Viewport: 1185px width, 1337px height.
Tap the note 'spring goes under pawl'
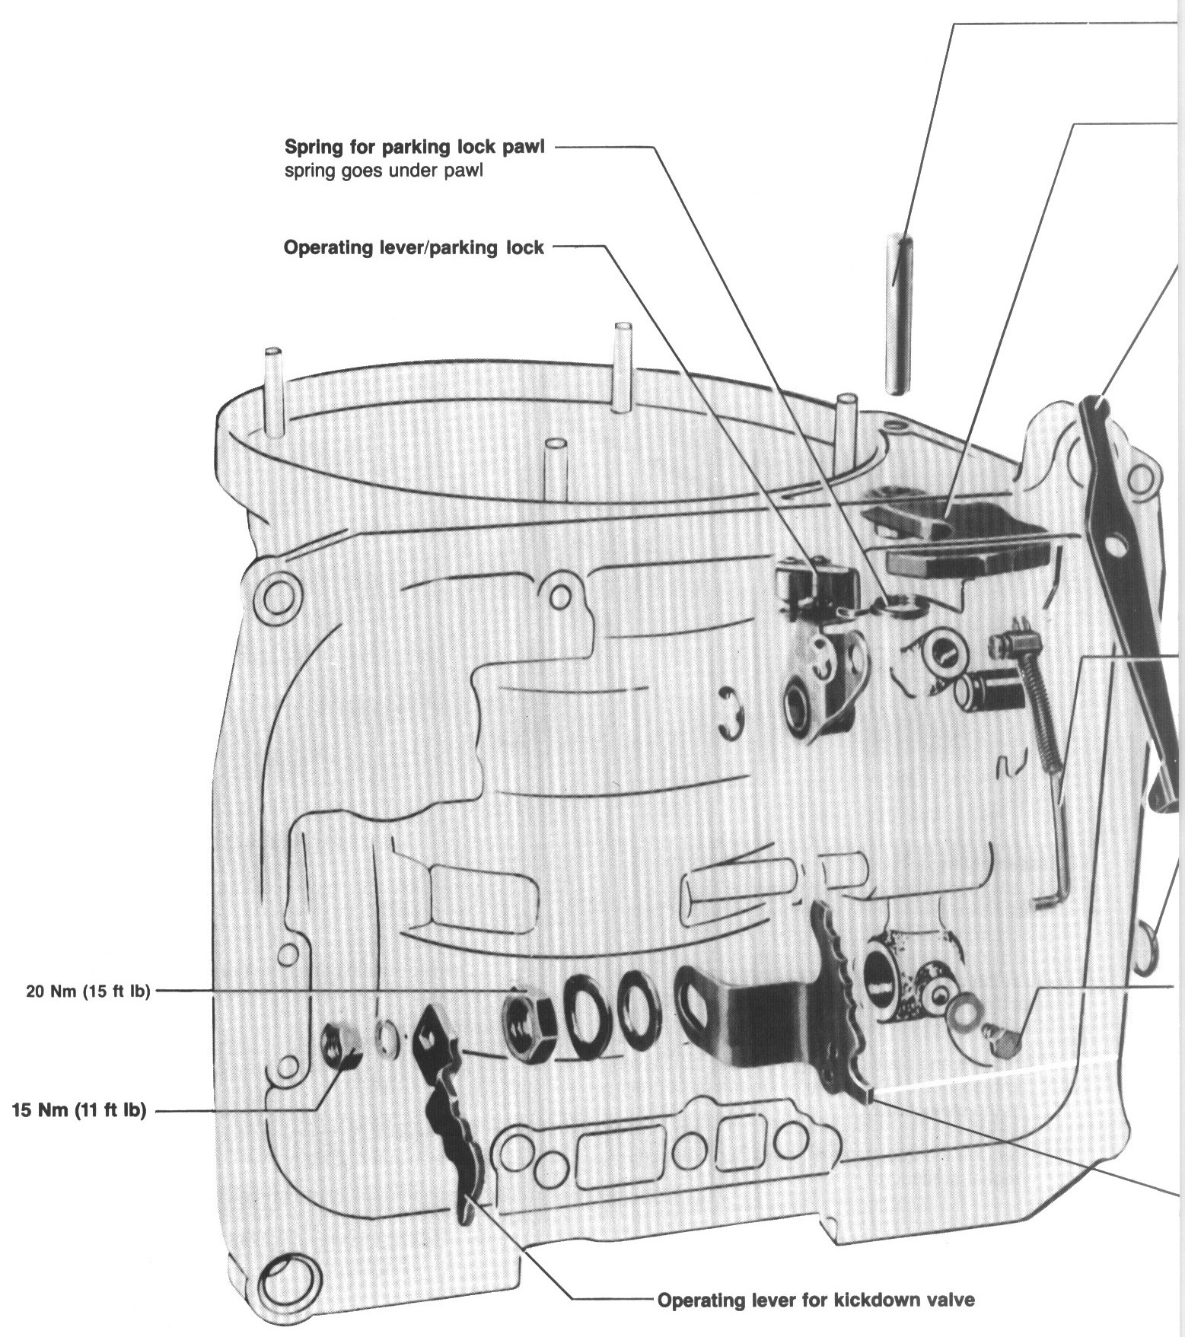click(383, 170)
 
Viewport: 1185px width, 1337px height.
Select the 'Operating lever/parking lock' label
click(413, 247)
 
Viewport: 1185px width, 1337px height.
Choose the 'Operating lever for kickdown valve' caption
click(815, 1299)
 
